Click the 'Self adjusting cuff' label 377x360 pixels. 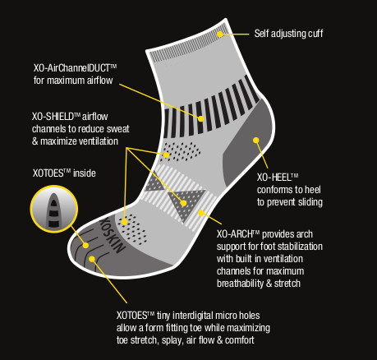(288, 34)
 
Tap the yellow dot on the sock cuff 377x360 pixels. (220, 34)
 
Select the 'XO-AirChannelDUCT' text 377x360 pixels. (75, 68)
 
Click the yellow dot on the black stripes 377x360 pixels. (200, 118)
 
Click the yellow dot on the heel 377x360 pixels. (256, 141)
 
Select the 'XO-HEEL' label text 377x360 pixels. (278, 178)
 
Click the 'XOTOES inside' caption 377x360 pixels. (64, 173)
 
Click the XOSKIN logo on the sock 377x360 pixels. (113, 235)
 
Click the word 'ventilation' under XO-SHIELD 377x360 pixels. (99, 141)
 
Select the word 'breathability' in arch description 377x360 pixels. (241, 284)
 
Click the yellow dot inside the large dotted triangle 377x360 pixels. (184, 203)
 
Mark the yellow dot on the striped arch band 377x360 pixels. (201, 213)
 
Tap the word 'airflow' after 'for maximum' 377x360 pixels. (100, 81)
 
